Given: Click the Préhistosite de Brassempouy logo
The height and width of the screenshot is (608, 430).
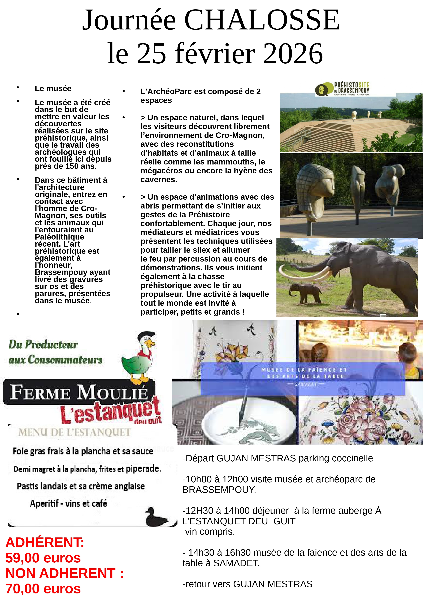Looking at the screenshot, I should pos(342,89).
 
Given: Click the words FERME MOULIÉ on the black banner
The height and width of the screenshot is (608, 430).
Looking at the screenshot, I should pos(79,392).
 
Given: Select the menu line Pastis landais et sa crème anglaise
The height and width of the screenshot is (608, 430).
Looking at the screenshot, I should pos(81,486).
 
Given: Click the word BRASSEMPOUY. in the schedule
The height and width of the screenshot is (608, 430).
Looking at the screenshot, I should pos(219,490).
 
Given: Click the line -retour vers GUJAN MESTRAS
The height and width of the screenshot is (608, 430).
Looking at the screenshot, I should pos(247,584).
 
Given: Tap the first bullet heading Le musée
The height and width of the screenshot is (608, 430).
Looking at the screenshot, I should pos(53,88).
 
